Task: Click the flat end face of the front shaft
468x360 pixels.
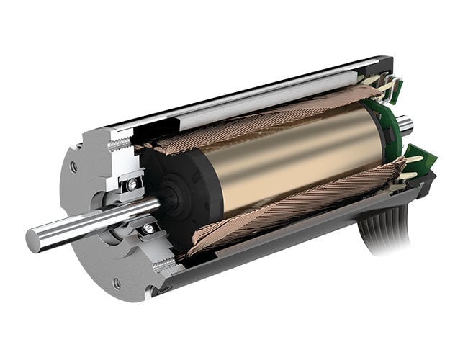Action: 34,238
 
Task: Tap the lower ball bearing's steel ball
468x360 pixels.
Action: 149,228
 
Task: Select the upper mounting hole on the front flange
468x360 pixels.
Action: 74,167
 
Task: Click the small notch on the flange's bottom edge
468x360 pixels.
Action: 148,294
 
